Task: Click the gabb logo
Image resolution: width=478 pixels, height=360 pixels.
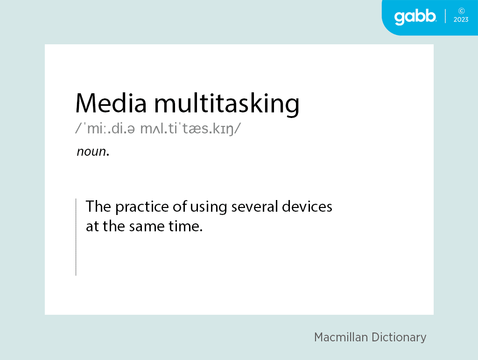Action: (415, 17)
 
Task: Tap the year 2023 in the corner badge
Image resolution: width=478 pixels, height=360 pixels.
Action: (461, 20)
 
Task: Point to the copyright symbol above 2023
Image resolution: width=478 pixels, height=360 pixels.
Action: (462, 11)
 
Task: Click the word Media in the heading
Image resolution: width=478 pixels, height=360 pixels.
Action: (111, 103)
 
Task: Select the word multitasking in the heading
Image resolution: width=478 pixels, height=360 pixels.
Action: (227, 104)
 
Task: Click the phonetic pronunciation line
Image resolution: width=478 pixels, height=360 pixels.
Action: (158, 129)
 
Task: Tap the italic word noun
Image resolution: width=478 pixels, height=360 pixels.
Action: (93, 152)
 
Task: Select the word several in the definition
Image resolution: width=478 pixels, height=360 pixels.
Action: (254, 207)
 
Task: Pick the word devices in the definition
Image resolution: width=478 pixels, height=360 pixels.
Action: (307, 207)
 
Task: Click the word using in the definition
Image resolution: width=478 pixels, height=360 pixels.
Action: (209, 208)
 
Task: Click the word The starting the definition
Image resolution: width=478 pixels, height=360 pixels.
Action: (98, 207)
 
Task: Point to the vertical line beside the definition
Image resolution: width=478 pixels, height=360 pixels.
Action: (76, 237)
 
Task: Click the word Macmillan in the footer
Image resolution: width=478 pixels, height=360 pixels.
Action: (341, 337)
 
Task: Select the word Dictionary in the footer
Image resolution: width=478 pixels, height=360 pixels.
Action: (399, 338)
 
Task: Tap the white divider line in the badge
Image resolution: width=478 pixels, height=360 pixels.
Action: (445, 16)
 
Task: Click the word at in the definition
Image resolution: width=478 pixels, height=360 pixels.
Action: (92, 226)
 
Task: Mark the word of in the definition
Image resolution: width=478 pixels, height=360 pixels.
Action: (180, 207)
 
